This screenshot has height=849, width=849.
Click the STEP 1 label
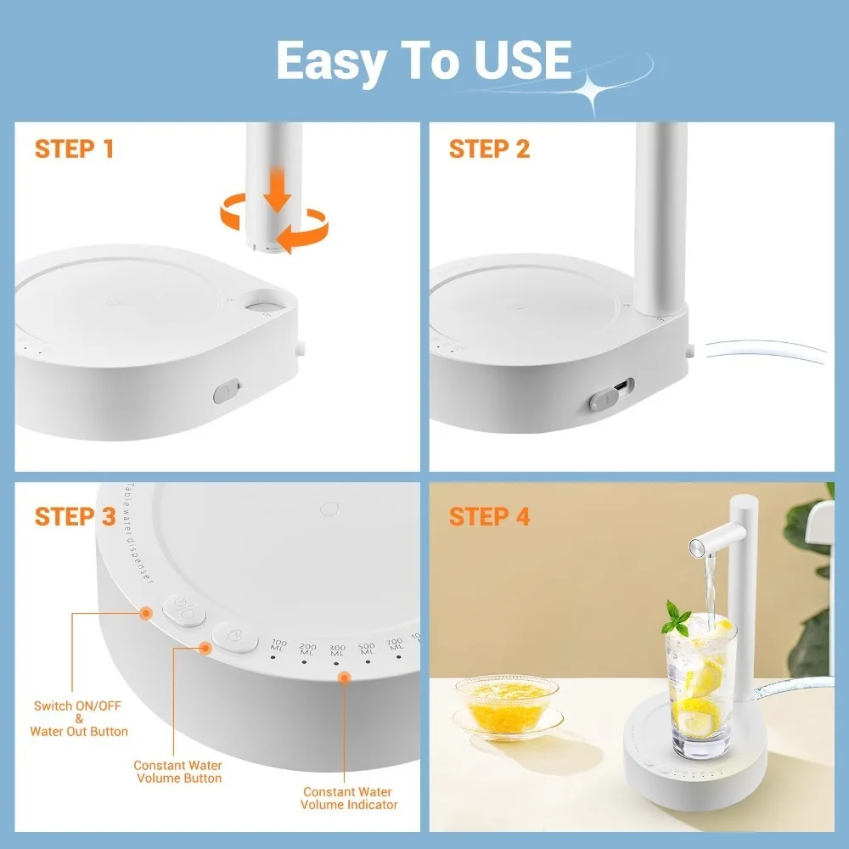click(x=74, y=149)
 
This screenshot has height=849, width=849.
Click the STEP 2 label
click(x=489, y=149)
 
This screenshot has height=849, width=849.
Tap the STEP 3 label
click(x=75, y=516)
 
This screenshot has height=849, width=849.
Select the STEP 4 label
click(x=489, y=516)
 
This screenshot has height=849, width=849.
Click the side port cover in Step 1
click(x=227, y=391)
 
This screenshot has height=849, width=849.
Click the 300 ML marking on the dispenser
click(x=337, y=650)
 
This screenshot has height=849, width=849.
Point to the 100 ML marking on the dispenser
click(x=279, y=646)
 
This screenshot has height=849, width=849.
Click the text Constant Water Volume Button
click(x=177, y=772)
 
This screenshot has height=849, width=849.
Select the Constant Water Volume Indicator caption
click(x=349, y=798)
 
